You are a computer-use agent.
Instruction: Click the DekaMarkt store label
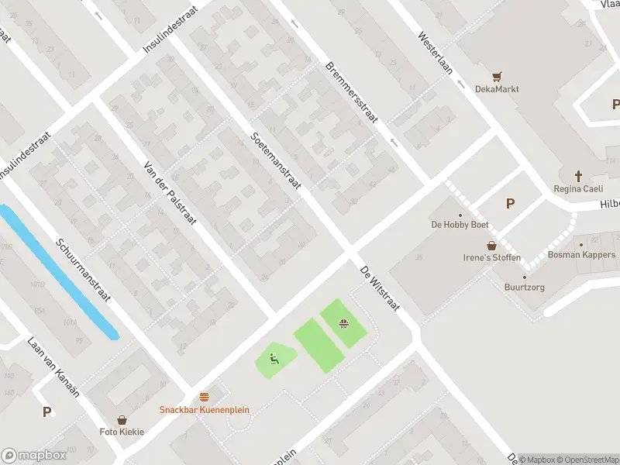pos(497,89)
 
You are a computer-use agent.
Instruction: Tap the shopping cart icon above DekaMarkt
pos(497,76)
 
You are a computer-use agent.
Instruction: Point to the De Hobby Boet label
pos(460,226)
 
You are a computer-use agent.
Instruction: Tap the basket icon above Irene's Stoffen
pos(491,245)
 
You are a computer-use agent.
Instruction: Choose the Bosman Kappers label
pos(581,255)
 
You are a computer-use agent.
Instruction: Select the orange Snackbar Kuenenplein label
pos(205,410)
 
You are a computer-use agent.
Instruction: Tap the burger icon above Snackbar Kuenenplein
pos(205,397)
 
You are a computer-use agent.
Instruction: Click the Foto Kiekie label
pos(122,432)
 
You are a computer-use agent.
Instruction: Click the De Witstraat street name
pos(379,288)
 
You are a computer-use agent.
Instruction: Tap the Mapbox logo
pos(34,456)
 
